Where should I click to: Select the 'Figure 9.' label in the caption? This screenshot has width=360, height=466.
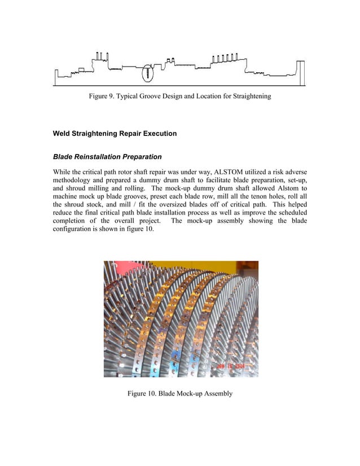104,96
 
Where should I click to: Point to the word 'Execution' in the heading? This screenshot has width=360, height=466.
160,134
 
